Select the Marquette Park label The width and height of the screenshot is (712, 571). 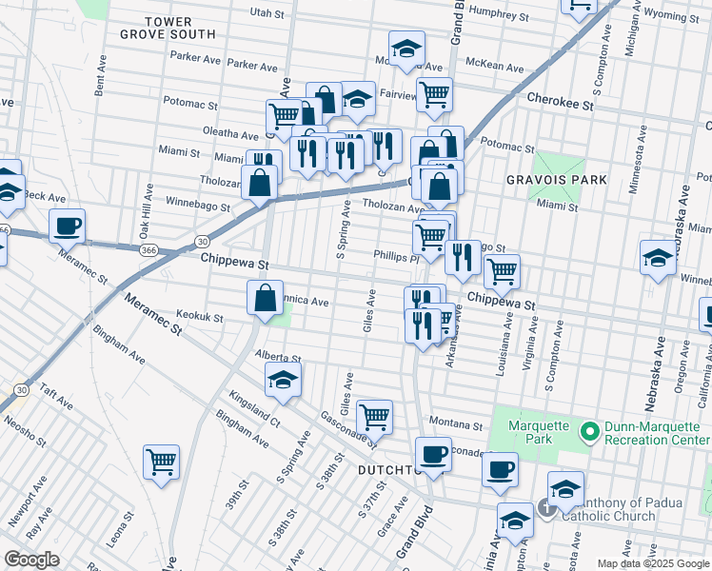pos(538,432)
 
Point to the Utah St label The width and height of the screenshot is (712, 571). pos(267,13)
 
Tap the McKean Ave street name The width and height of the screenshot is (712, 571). pos(495,68)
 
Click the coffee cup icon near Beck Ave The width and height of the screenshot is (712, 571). pos(68,226)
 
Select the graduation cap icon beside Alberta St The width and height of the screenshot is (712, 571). pos(283,380)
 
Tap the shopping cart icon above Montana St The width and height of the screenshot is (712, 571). pos(375,416)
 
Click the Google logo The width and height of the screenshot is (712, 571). pos(31,560)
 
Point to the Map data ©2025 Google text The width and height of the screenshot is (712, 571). pos(652,563)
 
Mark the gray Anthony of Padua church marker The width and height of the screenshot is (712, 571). pos(547,508)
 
